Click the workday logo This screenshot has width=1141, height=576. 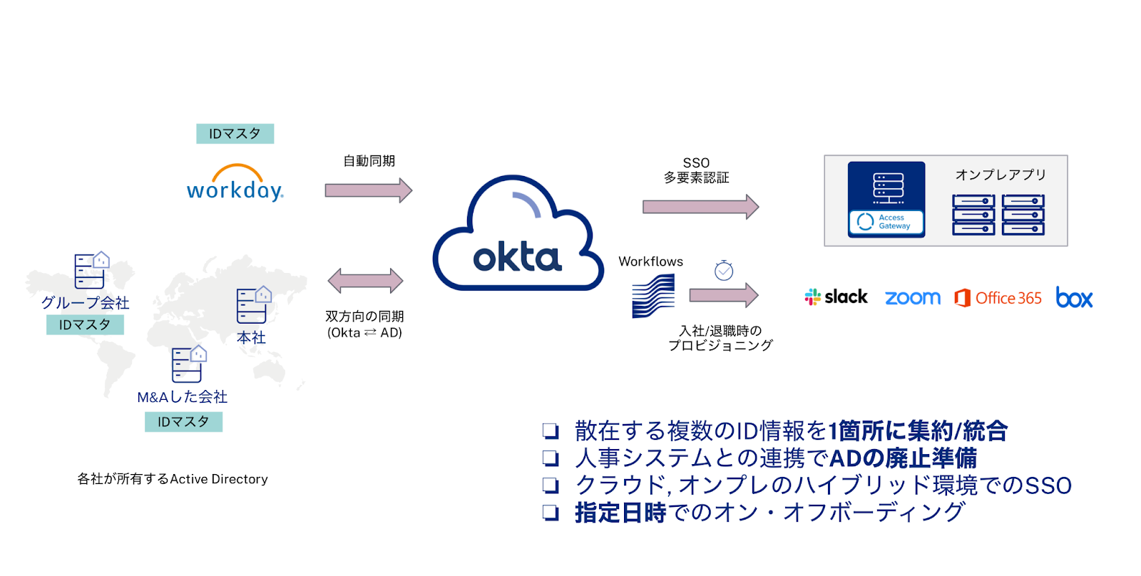pos(235,184)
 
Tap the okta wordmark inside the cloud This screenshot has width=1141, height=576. pos(517,257)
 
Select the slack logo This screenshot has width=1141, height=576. pos(836,297)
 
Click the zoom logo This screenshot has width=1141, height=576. pos(912,297)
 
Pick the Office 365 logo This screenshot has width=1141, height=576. pos(998,297)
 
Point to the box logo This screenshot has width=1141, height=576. pos(1074,297)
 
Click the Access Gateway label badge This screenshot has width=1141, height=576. pos(886,222)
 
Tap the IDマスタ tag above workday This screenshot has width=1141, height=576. pos(235,133)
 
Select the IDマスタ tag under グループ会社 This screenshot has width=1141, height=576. pos(85,324)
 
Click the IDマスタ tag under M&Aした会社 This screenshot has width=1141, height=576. pos(183,421)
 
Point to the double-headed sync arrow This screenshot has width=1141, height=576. pos(365,281)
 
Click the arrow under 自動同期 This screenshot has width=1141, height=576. pos(368,190)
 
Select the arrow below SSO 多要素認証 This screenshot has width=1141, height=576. pos(700,207)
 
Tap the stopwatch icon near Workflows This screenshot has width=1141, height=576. pos(724,270)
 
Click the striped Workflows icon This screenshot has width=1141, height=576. pos(653,296)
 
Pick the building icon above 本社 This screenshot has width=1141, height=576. pos(253,305)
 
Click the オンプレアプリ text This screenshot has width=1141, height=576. pos(1000,175)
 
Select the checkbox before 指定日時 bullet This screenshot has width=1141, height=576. pos(550,512)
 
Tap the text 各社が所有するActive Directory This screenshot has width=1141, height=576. pos(173,479)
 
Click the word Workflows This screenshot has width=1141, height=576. pos(650,262)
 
